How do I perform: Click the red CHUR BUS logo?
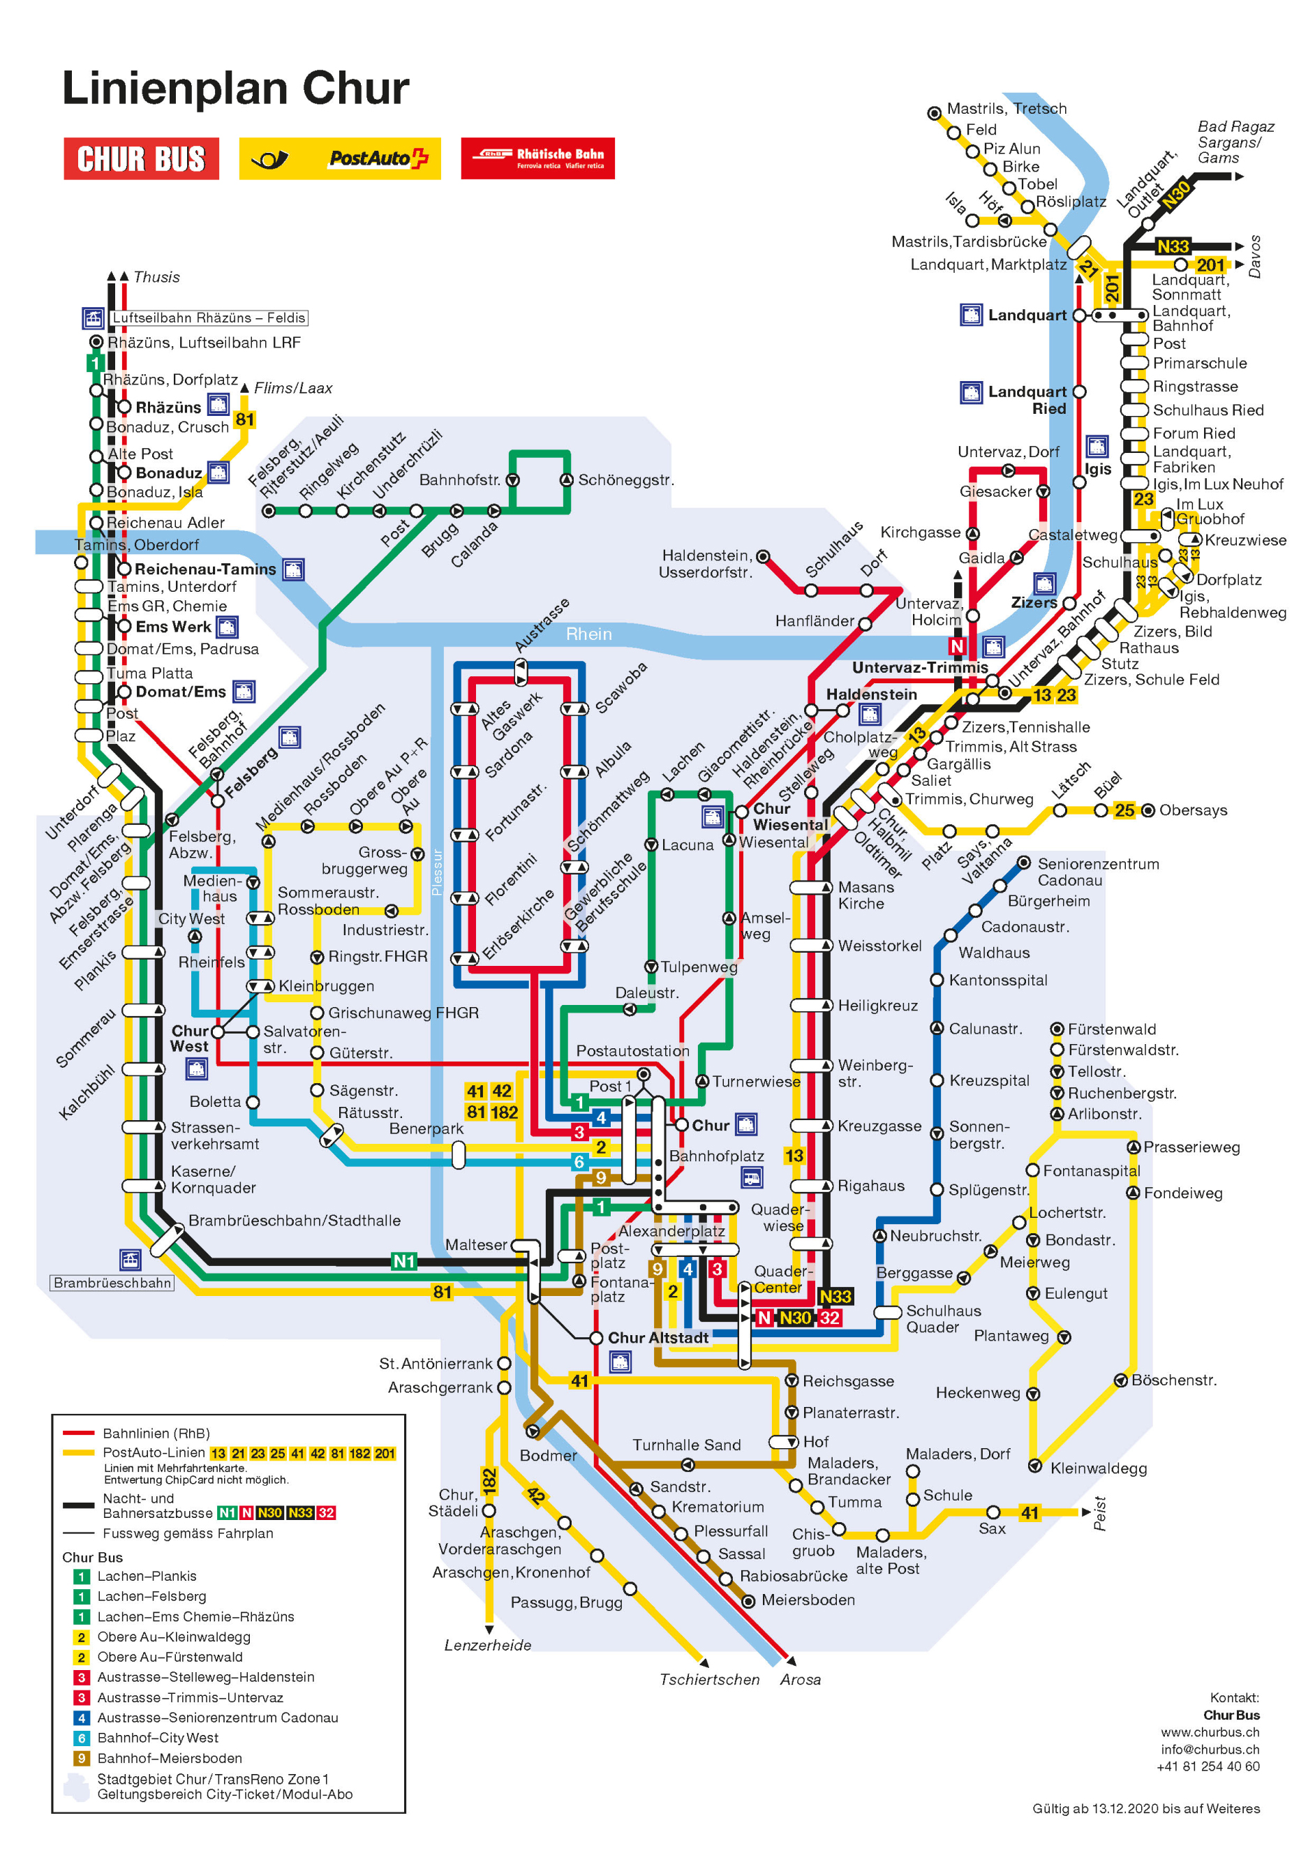141,159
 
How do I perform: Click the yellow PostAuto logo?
339,159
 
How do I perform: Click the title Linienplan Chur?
235,89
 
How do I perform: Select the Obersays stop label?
1193,810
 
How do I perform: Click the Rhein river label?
588,634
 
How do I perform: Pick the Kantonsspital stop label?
998,980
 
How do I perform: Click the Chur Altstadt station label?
658,1337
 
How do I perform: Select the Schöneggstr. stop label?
625,480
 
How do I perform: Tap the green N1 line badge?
404,1261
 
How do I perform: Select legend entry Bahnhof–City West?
157,1738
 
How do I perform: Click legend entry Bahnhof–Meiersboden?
170,1758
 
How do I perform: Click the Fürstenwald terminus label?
1111,1029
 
